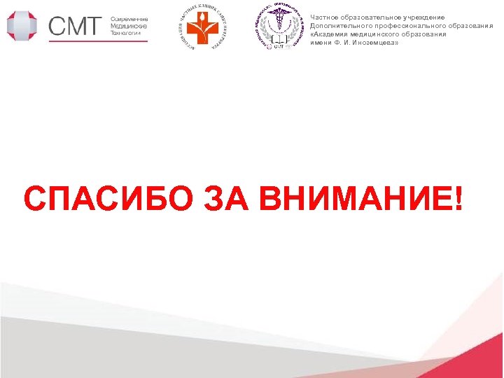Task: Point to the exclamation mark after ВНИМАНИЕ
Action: tap(458, 199)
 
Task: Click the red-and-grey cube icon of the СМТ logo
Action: tap(23, 25)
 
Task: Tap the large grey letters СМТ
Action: tap(76, 27)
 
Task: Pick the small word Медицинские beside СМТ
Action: tap(128, 26)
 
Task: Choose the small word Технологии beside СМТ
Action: tap(126, 33)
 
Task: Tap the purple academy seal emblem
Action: tap(278, 28)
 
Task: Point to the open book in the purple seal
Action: tap(279, 41)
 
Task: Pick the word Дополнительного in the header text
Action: tap(342, 26)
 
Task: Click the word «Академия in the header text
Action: tap(330, 34)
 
